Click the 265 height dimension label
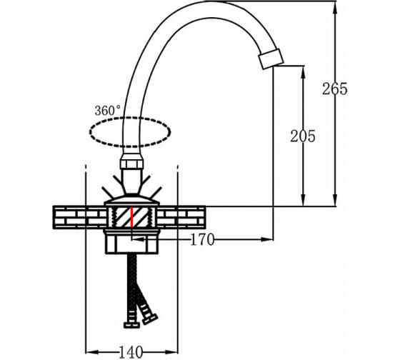(335, 89)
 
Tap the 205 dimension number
(303, 136)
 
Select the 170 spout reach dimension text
(203, 240)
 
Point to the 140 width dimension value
(131, 352)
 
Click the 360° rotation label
(107, 111)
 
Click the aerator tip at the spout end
(271, 59)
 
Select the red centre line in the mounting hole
(132, 217)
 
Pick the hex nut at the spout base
(131, 161)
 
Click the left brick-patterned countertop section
(79, 217)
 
